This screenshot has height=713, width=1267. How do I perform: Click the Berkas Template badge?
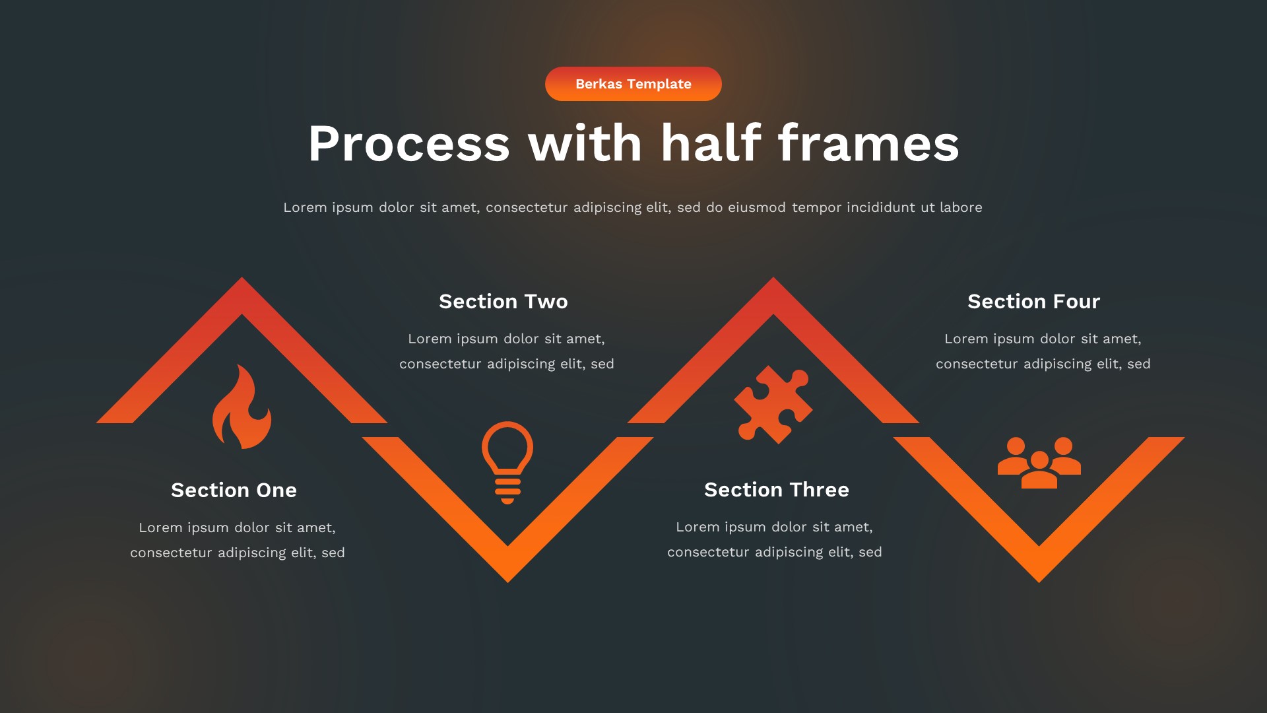[x=633, y=84]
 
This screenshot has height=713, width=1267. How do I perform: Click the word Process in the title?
[x=409, y=144]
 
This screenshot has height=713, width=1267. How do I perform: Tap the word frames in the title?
[x=868, y=144]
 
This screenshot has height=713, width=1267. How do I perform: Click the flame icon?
[x=242, y=408]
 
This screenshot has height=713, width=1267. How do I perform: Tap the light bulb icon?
[x=507, y=461]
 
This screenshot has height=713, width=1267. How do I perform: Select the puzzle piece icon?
[x=773, y=404]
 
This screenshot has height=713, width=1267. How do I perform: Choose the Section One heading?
[x=234, y=490]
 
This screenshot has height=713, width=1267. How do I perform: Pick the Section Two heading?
[x=503, y=301]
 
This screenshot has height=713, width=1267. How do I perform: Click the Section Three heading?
[x=776, y=489]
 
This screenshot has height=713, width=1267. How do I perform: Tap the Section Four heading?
[x=1033, y=301]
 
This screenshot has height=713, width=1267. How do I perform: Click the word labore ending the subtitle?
[x=961, y=207]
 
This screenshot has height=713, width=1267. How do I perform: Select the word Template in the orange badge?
[x=659, y=84]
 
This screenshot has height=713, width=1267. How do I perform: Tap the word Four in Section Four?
[x=1076, y=301]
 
